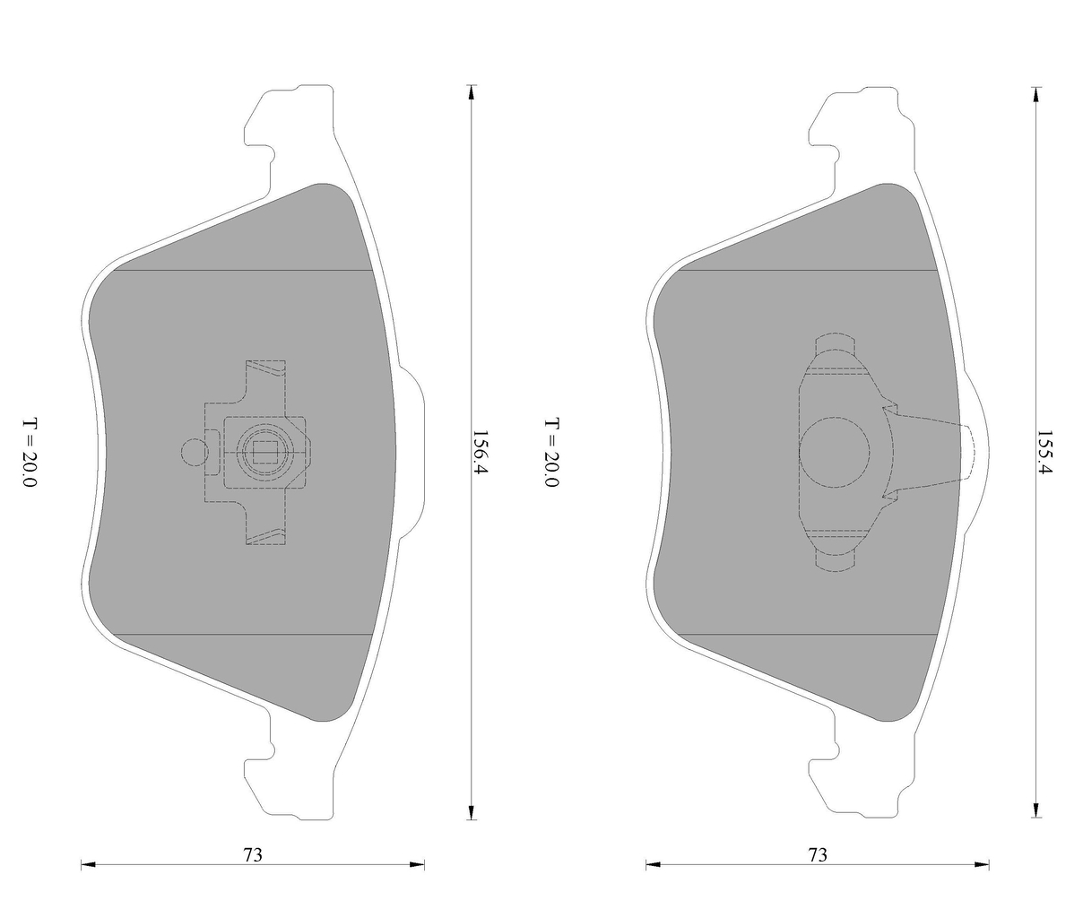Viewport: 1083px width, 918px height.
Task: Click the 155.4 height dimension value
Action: coord(1044,453)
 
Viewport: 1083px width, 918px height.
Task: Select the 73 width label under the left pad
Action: coord(253,854)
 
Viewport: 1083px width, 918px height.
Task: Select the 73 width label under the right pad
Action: coord(817,854)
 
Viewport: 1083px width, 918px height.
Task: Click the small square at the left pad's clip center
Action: coord(265,453)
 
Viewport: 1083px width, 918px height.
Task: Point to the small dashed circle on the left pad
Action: coord(193,453)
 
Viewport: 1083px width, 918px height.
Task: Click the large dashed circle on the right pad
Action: coord(835,453)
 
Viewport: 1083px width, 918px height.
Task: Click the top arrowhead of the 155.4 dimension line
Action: coord(1036,92)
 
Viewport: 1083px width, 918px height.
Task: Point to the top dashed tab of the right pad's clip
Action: coord(835,344)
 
